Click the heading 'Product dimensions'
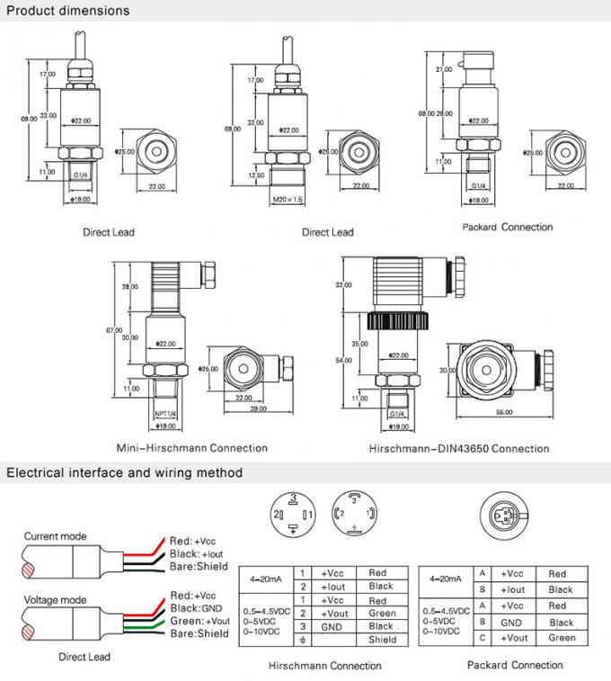pyautogui.click(x=68, y=11)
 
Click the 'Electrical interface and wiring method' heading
pyautogui.click(x=125, y=472)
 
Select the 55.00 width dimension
pyautogui.click(x=503, y=412)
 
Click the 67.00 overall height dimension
pyautogui.click(x=114, y=330)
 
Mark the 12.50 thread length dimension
pyautogui.click(x=254, y=175)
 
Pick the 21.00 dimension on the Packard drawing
pyautogui.click(x=443, y=69)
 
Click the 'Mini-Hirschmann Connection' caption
pyautogui.click(x=192, y=448)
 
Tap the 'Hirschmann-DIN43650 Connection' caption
pyautogui.click(x=458, y=448)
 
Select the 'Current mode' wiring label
pyautogui.click(x=55, y=536)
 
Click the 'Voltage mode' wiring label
pyautogui.click(x=55, y=599)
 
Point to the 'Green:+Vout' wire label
pyautogui.click(x=199, y=621)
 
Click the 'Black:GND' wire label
pyautogui.click(x=195, y=608)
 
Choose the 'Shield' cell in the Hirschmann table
pyautogui.click(x=382, y=640)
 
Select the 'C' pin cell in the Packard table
pyautogui.click(x=483, y=638)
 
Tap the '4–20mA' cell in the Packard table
pyautogui.click(x=446, y=579)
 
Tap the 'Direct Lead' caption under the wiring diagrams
pyautogui.click(x=84, y=657)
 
